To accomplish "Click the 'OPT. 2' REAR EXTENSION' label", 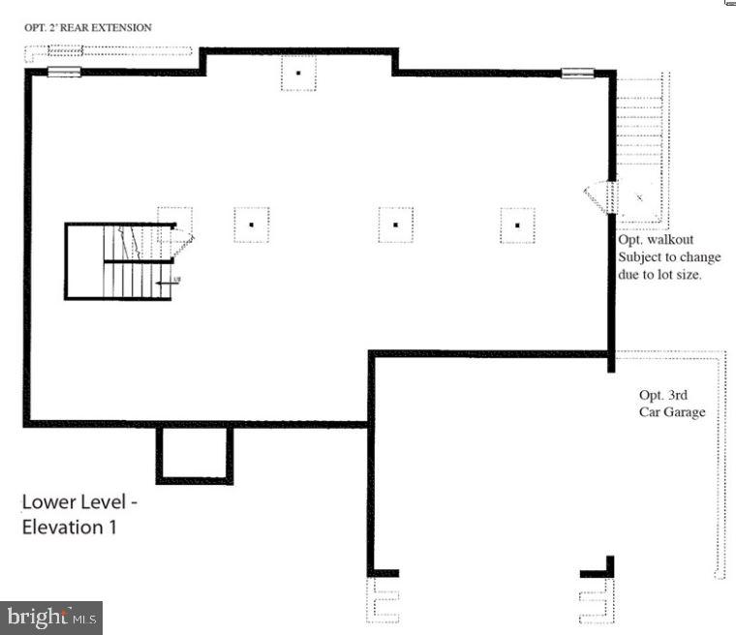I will [88, 28].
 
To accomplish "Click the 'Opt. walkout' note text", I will [657, 239].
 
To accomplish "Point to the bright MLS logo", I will [51, 617].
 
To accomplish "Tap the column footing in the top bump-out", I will [298, 74].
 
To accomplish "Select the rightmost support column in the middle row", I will [517, 225].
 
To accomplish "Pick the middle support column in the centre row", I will [395, 225].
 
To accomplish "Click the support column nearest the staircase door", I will [251, 225].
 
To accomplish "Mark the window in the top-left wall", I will [65, 72].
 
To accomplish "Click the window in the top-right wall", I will [577, 72].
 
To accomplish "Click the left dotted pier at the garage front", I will [383, 600].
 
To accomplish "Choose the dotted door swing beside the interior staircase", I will [184, 239].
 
